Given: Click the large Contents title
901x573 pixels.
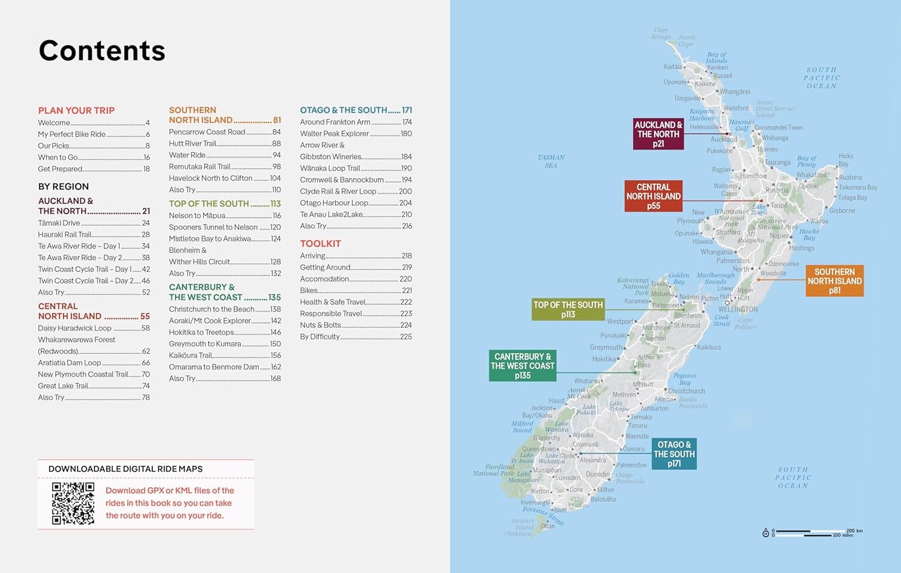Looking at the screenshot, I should (x=102, y=50).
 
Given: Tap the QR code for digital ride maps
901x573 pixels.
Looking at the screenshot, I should (x=73, y=503).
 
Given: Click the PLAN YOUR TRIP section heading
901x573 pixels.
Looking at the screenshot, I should (x=76, y=111).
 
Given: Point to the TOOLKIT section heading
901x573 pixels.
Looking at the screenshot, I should (x=320, y=244).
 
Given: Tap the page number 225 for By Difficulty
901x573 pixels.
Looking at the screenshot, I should (x=406, y=337).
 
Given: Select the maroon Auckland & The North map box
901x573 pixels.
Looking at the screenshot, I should (x=658, y=134).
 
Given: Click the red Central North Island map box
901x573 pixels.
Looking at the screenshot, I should (x=653, y=196).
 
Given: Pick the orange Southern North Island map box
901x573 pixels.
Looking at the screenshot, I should (x=834, y=281).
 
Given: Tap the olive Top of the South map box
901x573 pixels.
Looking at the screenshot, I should (x=568, y=309).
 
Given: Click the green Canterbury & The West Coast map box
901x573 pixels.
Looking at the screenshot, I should (x=522, y=366).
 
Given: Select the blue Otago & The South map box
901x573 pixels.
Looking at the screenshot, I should (x=674, y=454).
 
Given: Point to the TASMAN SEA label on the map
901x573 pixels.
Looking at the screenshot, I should (x=551, y=161).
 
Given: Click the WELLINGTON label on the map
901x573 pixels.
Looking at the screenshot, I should (x=738, y=309).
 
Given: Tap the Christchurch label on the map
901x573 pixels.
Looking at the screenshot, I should (x=687, y=391).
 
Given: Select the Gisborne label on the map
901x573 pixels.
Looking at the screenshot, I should (x=842, y=211).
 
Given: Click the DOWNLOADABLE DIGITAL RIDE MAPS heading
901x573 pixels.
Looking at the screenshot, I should (x=126, y=469).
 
